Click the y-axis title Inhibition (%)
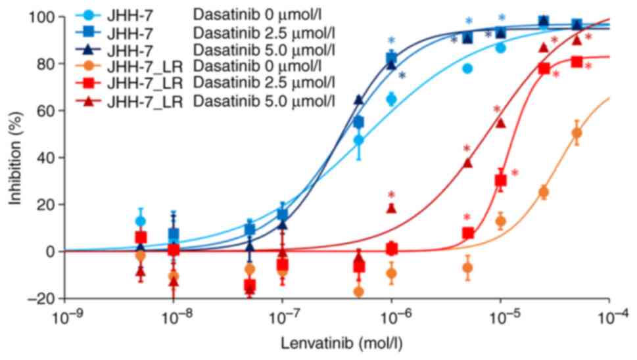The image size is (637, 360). click(14, 158)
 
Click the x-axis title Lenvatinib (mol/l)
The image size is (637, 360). click(337, 343)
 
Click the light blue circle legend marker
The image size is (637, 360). click(91, 14)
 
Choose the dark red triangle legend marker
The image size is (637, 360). click(91, 100)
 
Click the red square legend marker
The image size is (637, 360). click(91, 83)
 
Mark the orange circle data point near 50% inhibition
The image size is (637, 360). click(577, 133)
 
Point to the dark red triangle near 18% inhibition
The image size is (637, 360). click(392, 208)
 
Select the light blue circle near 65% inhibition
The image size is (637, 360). click(392, 99)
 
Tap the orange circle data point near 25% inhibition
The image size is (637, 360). click(544, 192)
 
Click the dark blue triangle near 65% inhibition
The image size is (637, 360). click(359, 99)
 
